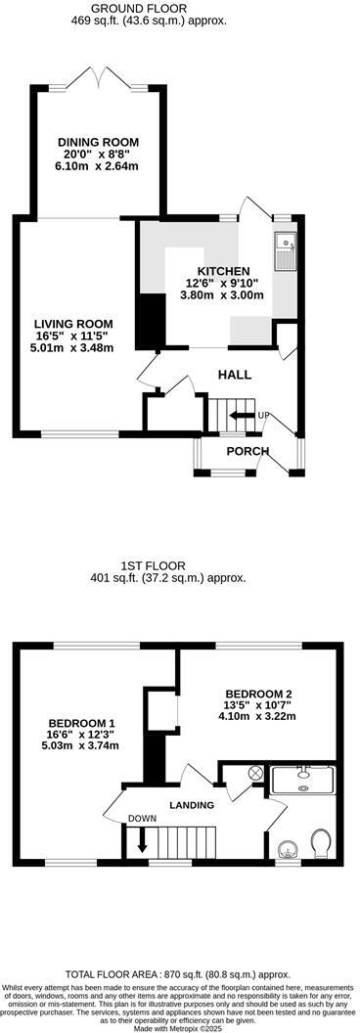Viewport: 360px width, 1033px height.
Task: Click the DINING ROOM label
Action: pyautogui.click(x=97, y=142)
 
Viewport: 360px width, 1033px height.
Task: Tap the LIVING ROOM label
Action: pyautogui.click(x=73, y=324)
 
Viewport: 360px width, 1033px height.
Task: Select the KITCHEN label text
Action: pyautogui.click(x=224, y=271)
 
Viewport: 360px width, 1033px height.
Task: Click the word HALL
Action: pyautogui.click(x=234, y=375)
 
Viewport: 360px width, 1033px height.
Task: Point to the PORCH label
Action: pyautogui.click(x=247, y=451)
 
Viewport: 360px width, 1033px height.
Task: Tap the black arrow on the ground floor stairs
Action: pyautogui.click(x=237, y=417)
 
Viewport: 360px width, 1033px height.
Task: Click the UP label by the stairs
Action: pyautogui.click(x=262, y=417)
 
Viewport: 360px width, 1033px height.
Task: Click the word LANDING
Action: pyautogui.click(x=192, y=805)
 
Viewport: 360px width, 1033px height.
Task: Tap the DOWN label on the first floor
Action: pyautogui.click(x=143, y=819)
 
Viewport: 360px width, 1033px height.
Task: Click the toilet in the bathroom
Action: pyautogui.click(x=319, y=842)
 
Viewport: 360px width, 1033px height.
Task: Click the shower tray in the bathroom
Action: pyautogui.click(x=302, y=780)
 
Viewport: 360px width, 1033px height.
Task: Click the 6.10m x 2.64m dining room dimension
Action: pyautogui.click(x=97, y=166)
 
